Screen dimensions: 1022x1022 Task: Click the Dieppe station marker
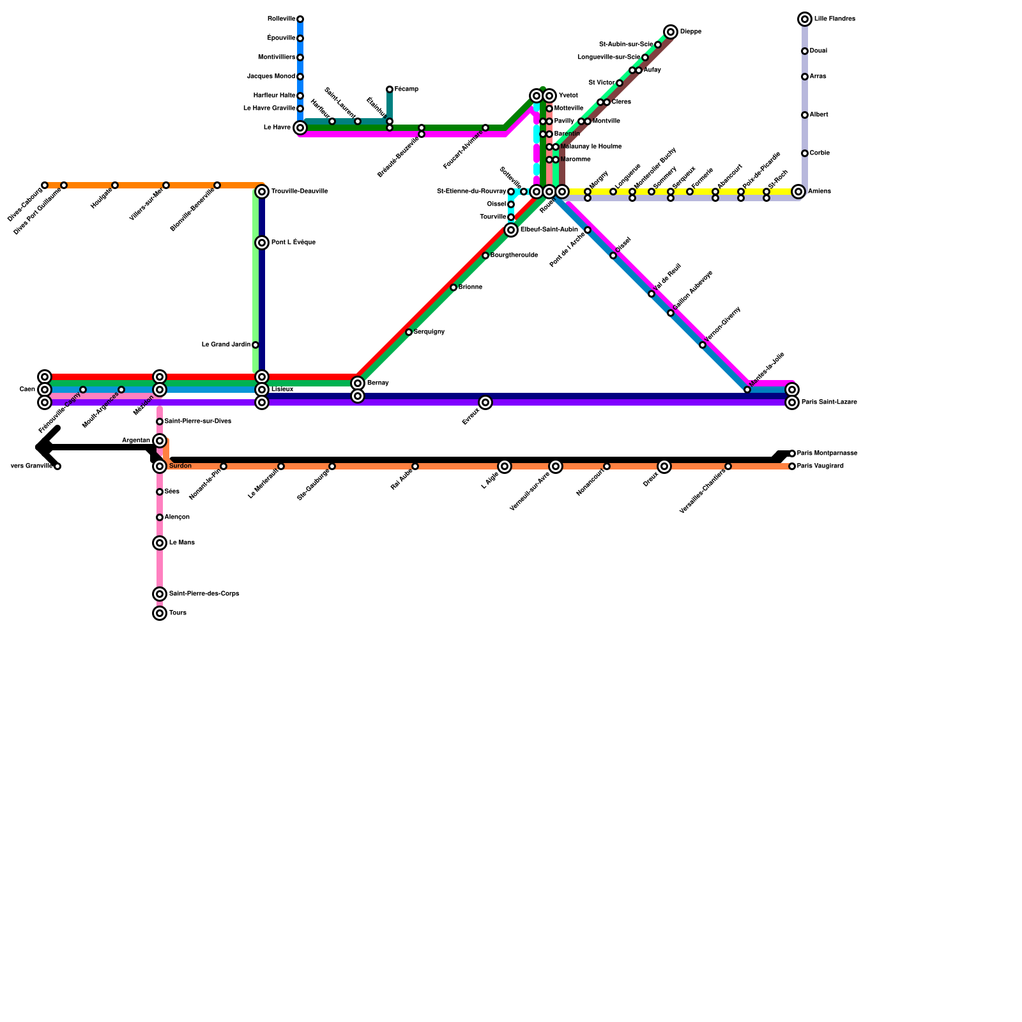670,32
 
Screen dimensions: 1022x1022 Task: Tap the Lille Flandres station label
834,19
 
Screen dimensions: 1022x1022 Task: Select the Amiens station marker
798,192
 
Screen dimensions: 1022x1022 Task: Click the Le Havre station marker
300,128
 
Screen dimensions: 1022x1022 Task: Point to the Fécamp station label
406,89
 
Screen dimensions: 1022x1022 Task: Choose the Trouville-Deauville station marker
262,192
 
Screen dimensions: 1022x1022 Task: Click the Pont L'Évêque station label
293,243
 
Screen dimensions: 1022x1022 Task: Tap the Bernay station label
378,383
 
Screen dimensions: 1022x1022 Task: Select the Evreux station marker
485,402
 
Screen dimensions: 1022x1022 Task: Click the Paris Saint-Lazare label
829,402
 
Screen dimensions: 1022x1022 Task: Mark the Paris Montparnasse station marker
792,454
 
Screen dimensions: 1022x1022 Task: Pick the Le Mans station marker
160,543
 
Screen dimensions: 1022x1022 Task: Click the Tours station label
178,613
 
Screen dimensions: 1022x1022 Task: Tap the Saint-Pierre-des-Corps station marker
160,594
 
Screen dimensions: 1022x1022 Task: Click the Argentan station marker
160,441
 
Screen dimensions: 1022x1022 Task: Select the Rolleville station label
281,19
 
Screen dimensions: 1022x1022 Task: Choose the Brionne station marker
454,287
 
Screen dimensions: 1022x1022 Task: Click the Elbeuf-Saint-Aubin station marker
511,230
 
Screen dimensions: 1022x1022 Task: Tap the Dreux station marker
664,466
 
